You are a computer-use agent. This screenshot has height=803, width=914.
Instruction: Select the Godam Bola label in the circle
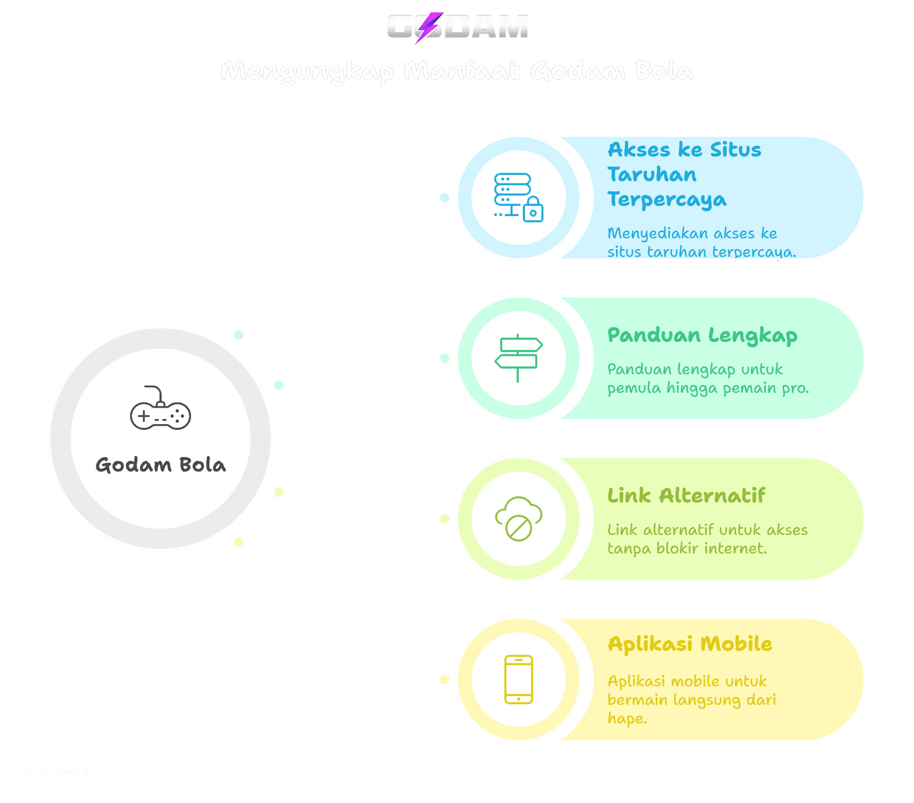[x=161, y=465]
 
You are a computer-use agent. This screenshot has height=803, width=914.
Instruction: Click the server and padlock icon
[x=518, y=198]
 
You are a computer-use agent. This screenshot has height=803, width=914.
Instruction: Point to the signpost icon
[x=518, y=358]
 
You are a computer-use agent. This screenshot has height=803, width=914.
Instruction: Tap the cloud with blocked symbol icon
[x=518, y=519]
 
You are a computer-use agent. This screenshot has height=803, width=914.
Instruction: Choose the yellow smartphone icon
[x=518, y=680]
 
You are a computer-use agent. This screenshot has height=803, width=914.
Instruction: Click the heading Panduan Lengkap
[x=702, y=335]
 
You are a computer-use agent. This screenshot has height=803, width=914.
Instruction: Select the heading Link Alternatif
[x=686, y=496]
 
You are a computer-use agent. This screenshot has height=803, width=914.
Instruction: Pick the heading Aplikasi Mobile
[x=689, y=644]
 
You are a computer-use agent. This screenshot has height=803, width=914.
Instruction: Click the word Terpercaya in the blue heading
[x=667, y=200]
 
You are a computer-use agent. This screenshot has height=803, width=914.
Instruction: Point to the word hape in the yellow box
[x=627, y=718]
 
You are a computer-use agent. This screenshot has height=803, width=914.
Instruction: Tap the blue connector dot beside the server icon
[x=444, y=198]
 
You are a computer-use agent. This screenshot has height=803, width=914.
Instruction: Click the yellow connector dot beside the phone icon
[x=444, y=680]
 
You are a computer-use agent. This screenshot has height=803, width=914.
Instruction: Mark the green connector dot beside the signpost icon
[x=444, y=358]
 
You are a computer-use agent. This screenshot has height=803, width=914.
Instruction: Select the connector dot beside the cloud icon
[x=444, y=519]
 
